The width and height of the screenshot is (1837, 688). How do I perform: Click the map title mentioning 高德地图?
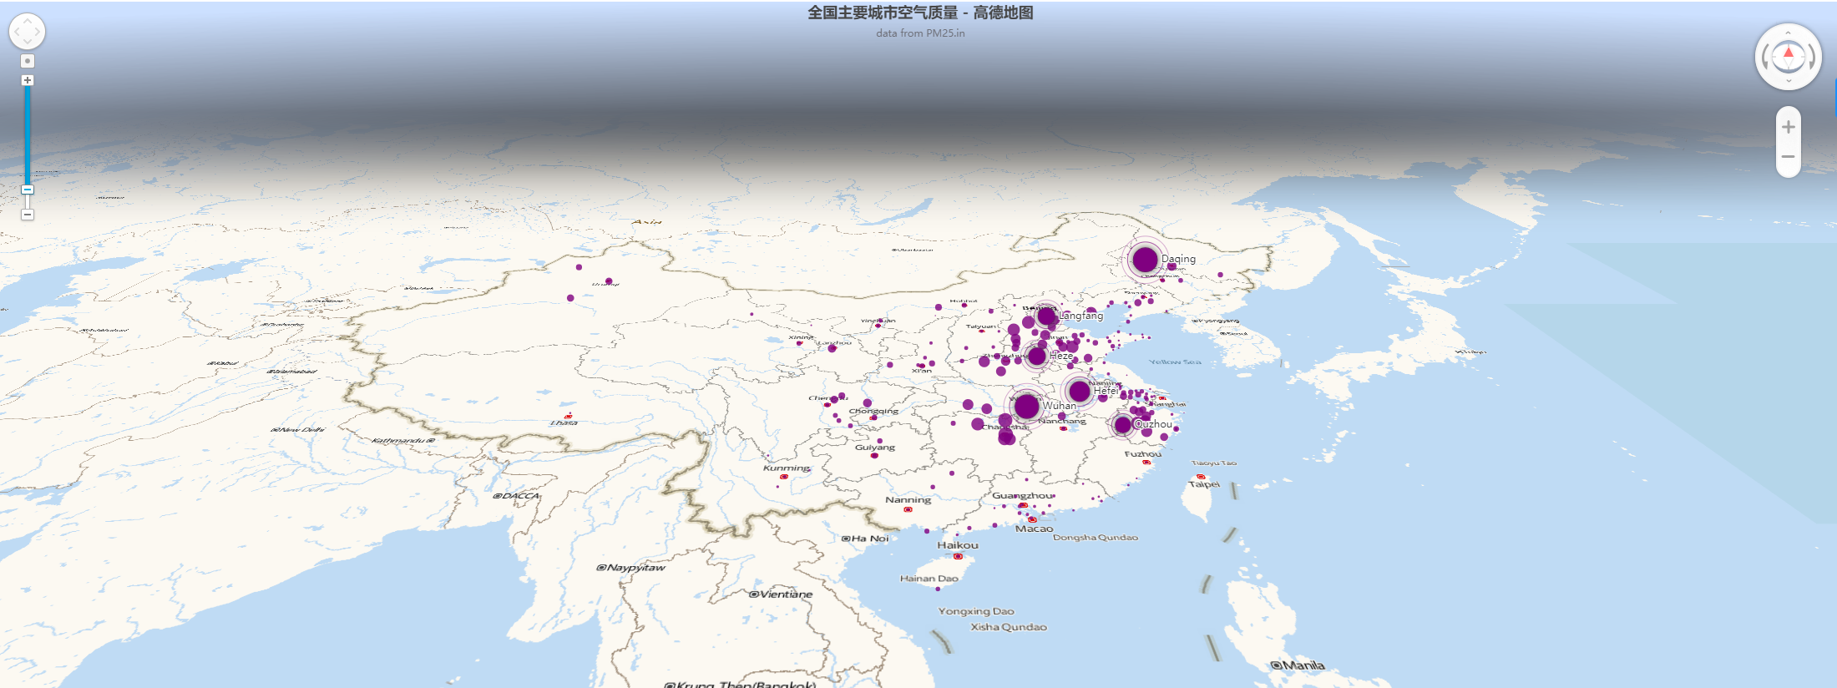920,13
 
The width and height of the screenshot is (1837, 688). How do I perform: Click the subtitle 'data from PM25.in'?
920,33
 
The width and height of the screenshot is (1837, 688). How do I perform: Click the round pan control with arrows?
27,32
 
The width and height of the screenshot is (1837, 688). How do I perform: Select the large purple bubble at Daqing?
1145,260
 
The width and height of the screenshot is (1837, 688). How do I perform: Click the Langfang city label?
1081,316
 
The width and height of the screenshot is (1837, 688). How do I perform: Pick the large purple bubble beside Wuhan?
1026,407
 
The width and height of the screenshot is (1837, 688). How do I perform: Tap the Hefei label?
1106,391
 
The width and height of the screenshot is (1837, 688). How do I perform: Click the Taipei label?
1204,484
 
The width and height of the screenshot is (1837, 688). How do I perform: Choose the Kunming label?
787,468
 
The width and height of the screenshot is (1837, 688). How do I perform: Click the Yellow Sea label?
1175,362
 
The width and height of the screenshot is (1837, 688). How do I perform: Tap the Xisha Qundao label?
1009,627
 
